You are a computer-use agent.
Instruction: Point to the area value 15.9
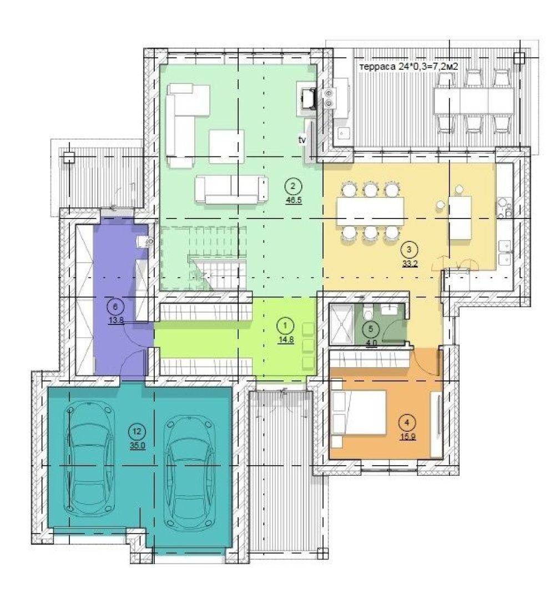(x=407, y=436)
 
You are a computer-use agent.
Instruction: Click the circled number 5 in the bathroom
(x=370, y=329)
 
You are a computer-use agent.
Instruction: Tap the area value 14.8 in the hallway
(x=285, y=339)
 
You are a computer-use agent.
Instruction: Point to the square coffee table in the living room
(x=226, y=147)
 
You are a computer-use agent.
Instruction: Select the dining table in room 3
(x=370, y=212)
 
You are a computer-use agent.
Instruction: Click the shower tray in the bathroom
(x=341, y=324)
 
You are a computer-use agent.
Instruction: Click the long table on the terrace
(x=473, y=100)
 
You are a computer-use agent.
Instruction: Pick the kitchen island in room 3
(x=461, y=218)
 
